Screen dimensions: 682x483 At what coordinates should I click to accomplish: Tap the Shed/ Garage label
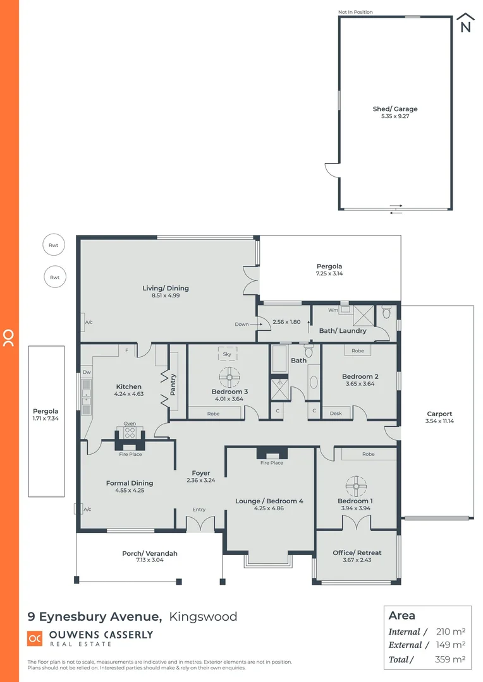pos(395,109)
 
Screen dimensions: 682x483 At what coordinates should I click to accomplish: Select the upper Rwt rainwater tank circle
pos(55,246)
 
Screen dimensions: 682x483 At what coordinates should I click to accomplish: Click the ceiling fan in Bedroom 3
pos(229,377)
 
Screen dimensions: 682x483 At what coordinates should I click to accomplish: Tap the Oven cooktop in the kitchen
pos(130,433)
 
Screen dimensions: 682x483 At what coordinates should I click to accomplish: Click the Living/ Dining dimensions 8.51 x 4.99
pos(166,296)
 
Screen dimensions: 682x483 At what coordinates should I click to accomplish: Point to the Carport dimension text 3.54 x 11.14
pos(439,421)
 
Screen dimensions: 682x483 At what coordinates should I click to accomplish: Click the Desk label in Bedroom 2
pos(336,414)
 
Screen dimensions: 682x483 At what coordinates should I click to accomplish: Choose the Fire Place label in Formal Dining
pos(130,454)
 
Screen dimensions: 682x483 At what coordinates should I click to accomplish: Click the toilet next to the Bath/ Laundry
pos(387,312)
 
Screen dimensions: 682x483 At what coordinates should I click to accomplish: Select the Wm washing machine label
pos(334,310)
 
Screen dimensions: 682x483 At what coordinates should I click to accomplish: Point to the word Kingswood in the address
pos(204,617)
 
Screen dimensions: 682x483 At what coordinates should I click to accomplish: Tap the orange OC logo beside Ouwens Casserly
pos(35,638)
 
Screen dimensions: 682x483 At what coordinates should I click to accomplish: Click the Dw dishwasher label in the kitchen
pos(87,373)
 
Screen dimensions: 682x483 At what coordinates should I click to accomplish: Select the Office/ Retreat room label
pos(357,553)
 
